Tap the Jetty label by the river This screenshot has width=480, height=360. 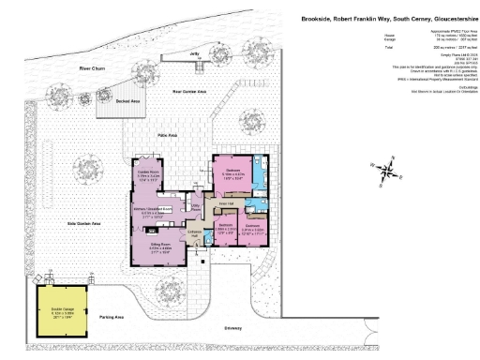click(195, 81)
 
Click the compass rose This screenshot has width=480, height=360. click(388, 170)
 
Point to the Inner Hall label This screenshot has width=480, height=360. click(225, 202)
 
